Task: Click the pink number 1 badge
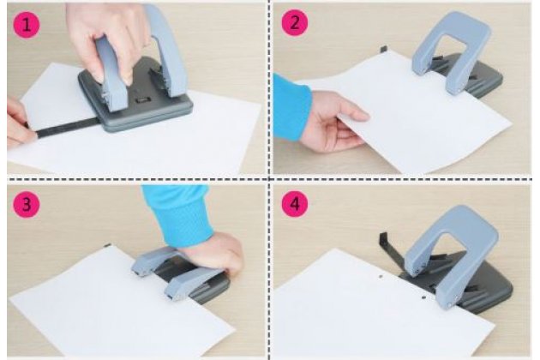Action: point(27,25)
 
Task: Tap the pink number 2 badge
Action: point(295,23)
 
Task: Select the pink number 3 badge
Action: point(27,204)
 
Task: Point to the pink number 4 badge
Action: point(295,204)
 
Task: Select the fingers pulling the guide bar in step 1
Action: point(18,123)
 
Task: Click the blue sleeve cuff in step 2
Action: point(291,107)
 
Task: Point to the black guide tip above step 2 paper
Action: point(384,49)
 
